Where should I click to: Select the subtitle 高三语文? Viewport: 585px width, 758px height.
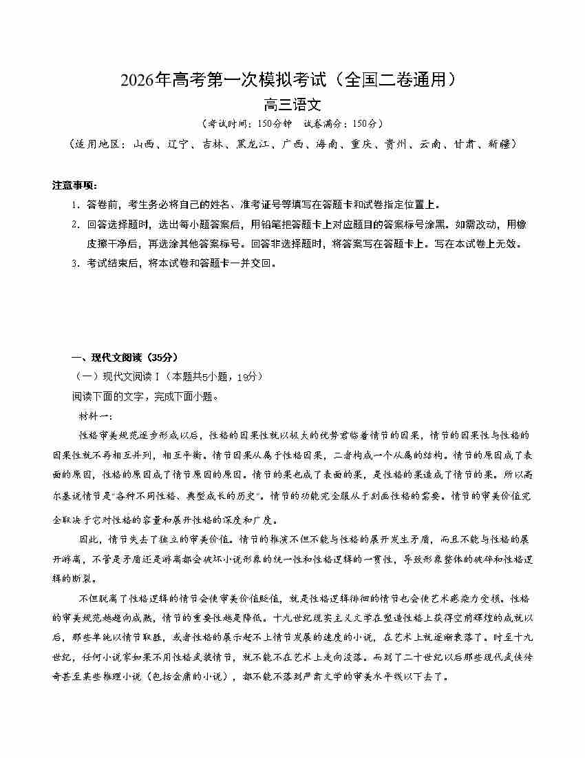292,105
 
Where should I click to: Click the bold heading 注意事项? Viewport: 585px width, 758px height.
75,185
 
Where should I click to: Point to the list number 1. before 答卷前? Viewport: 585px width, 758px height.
75,205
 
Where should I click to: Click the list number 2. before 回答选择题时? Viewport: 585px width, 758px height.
75,224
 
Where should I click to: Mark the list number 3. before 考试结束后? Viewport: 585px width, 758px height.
75,263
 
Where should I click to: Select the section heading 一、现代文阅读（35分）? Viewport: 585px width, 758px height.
125,357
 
